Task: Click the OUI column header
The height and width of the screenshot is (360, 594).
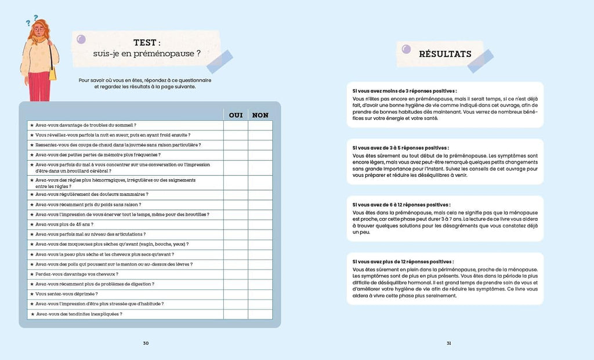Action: tap(236, 115)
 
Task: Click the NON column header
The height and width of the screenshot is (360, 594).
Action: tap(260, 115)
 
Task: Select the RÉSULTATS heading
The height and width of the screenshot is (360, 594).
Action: tap(445, 54)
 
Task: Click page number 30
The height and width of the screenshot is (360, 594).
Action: tap(146, 343)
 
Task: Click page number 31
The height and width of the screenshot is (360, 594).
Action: tap(448, 343)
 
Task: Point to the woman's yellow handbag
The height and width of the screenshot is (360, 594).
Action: tap(52, 74)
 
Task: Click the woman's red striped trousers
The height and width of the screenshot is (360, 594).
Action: tap(39, 87)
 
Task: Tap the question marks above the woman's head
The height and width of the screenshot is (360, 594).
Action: tap(31, 20)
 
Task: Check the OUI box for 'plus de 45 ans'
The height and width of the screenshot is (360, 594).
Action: tap(236, 224)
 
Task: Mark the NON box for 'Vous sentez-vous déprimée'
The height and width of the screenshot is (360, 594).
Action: tap(260, 294)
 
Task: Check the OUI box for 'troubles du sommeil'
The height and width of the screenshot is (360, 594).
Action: tap(236, 125)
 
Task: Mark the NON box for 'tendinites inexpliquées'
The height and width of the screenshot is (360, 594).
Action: tap(260, 314)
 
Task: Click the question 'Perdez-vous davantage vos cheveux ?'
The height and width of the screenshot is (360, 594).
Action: tap(77, 274)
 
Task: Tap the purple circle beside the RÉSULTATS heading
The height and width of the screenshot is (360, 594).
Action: tap(406, 49)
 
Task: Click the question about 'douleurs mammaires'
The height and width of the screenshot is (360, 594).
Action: tap(92, 195)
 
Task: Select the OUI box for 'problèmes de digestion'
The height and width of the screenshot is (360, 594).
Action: tap(236, 284)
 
